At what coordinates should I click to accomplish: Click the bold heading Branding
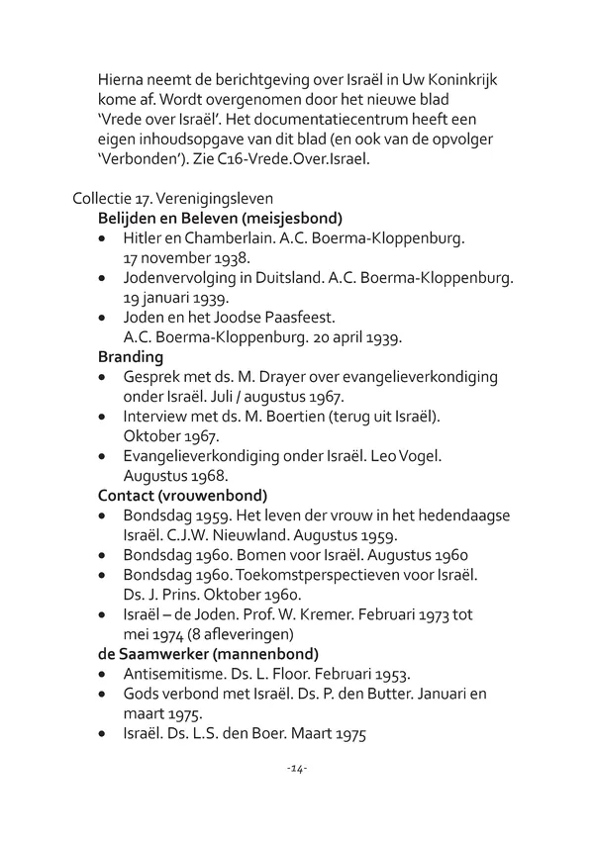pyautogui.click(x=131, y=357)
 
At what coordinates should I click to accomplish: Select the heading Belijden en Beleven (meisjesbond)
pyautogui.click(x=221, y=218)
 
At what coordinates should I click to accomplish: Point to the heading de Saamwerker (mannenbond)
pyautogui.click(x=208, y=654)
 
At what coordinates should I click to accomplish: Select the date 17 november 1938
pyautogui.click(x=180, y=258)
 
